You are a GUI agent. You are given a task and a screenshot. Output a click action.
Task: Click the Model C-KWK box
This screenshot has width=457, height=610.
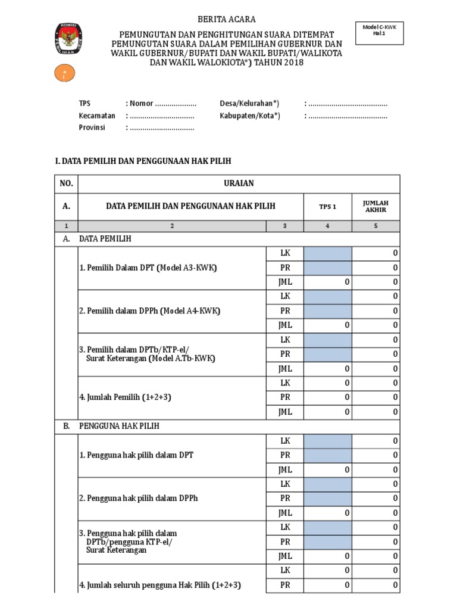pyautogui.click(x=380, y=31)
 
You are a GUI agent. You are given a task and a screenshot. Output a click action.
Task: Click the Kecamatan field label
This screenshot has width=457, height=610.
pyautogui.click(x=97, y=116)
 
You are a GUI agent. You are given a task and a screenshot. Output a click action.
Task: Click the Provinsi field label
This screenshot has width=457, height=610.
pyautogui.click(x=92, y=127)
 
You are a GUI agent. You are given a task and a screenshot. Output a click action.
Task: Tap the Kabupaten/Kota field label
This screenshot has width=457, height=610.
pyautogui.click(x=249, y=116)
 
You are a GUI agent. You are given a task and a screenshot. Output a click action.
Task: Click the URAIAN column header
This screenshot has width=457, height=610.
pyautogui.click(x=239, y=183)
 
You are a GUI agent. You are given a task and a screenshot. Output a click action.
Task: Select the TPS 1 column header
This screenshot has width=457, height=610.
pyautogui.click(x=327, y=207)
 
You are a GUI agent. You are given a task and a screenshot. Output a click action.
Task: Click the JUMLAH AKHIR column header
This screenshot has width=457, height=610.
pyautogui.click(x=375, y=206)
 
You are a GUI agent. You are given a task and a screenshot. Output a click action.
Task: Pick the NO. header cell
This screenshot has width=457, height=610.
pyautogui.click(x=65, y=183)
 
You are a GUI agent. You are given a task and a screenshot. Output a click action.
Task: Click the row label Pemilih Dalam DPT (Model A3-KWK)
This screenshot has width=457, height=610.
pyautogui.click(x=148, y=267)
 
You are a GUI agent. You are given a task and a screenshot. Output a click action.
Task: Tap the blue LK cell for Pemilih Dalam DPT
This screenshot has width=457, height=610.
pyautogui.click(x=327, y=253)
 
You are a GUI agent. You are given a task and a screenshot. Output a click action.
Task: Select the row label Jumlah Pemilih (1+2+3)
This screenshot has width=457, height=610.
pyautogui.click(x=126, y=397)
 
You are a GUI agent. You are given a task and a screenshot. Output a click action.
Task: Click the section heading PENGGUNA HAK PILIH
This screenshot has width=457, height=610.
pyautogui.click(x=119, y=427)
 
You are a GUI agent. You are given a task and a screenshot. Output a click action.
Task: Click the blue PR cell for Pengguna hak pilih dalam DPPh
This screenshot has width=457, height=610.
pyautogui.click(x=327, y=498)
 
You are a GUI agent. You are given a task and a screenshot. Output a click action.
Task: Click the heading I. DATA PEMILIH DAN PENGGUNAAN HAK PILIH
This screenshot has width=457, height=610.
pyautogui.click(x=142, y=161)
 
